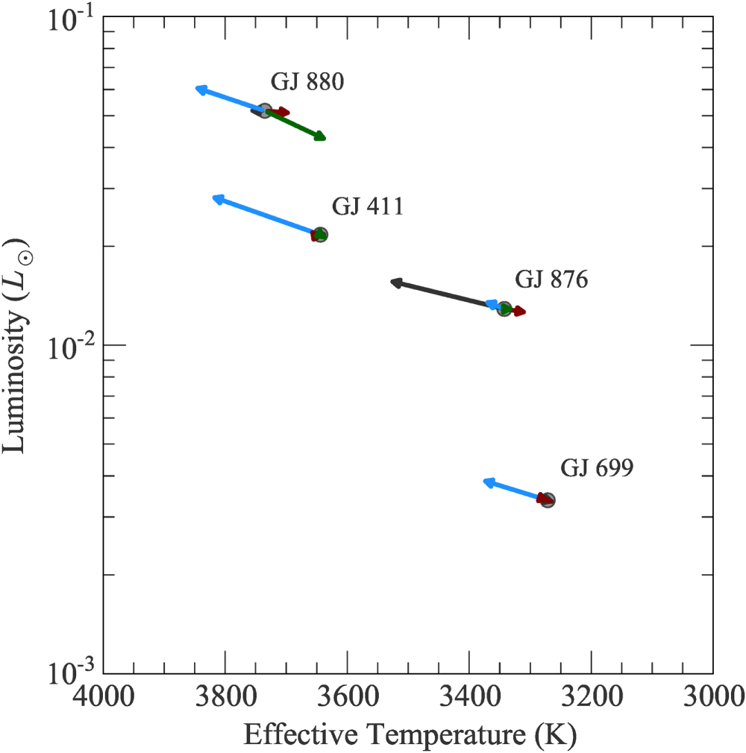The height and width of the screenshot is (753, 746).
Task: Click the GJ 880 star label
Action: [307, 82]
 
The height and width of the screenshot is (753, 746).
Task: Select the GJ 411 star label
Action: [368, 207]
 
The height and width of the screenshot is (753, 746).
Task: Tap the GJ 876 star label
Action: [551, 280]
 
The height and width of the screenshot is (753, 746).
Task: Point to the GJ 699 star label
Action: [597, 467]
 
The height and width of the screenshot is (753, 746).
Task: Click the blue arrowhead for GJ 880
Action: [201, 89]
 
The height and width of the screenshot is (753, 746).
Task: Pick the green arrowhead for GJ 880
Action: [320, 136]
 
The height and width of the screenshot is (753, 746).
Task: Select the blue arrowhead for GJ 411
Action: [218, 199]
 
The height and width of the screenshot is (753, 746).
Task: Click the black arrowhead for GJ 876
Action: [396, 283]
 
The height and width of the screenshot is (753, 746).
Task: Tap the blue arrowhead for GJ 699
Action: [489, 482]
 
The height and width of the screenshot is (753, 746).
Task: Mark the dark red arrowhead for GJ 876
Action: [520, 311]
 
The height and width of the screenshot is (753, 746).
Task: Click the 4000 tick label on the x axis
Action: [104, 696]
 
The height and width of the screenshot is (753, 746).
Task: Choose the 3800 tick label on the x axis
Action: [225, 696]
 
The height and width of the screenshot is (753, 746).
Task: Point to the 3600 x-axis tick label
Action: [348, 696]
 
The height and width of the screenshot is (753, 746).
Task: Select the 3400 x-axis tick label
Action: [470, 696]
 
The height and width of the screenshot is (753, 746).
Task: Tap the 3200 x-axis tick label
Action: [592, 696]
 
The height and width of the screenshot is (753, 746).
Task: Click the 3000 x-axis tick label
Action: [714, 696]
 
